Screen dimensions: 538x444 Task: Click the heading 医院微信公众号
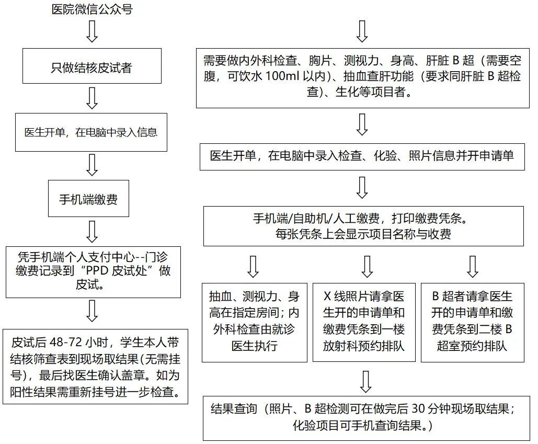point(92,9)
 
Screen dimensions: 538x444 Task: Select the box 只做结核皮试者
point(92,66)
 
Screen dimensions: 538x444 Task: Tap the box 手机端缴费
point(88,198)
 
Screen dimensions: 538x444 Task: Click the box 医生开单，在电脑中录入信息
point(91,132)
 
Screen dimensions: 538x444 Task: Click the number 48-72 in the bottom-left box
point(66,342)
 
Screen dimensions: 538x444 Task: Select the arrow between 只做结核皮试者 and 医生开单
point(92,98)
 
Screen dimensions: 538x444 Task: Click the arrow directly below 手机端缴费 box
point(92,232)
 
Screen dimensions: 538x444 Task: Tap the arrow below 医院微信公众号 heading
point(92,31)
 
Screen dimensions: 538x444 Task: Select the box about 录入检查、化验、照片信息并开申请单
point(362,157)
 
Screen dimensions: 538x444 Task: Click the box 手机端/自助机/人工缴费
point(363,226)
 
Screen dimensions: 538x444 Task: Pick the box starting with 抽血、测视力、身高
point(254,323)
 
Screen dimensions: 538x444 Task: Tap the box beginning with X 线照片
point(364,323)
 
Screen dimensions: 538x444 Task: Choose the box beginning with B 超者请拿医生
point(473,323)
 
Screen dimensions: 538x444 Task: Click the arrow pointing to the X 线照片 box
point(367,266)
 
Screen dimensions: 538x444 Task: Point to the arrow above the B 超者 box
point(473,266)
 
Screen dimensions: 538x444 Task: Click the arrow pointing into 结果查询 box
point(365,382)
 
